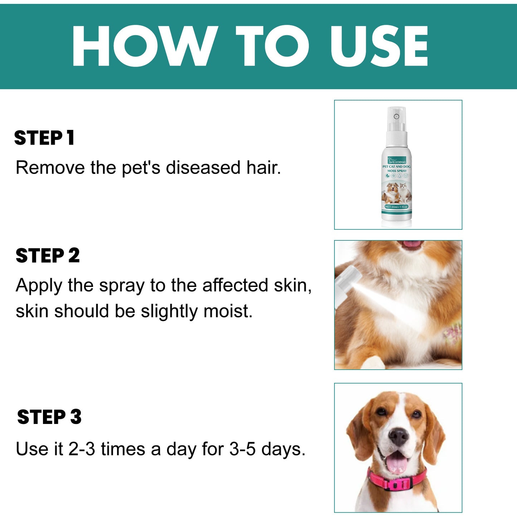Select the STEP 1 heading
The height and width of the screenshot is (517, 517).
click(x=44, y=138)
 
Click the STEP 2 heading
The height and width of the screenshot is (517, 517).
click(x=48, y=255)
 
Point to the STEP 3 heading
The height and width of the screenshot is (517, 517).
click(x=49, y=417)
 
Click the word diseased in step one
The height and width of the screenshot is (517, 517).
click(x=203, y=167)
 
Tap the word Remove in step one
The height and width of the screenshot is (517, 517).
click(x=50, y=167)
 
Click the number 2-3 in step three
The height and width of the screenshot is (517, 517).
click(x=82, y=449)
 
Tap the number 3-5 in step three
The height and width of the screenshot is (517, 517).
click(x=242, y=449)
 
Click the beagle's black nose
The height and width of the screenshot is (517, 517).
click(x=398, y=436)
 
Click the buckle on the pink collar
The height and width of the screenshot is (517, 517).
click(x=396, y=485)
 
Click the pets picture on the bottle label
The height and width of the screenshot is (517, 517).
click(x=396, y=192)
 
